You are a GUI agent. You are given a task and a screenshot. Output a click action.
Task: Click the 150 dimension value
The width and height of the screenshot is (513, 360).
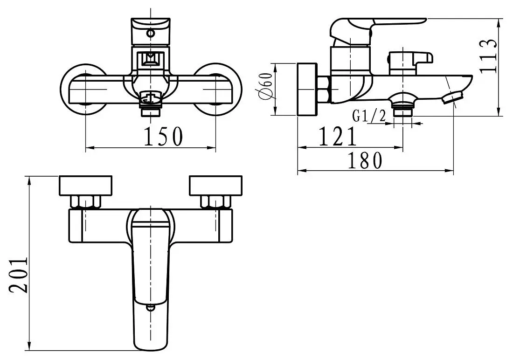[x=163, y=136]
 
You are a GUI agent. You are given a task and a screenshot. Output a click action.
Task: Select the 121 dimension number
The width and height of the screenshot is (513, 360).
[x=338, y=136]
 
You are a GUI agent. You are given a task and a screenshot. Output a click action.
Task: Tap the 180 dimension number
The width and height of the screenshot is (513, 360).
[x=365, y=160]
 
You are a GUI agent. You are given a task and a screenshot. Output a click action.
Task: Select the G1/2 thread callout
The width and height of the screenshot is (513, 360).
[x=369, y=116]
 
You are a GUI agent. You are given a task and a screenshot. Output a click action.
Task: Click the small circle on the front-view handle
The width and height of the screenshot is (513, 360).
[x=151, y=33]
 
